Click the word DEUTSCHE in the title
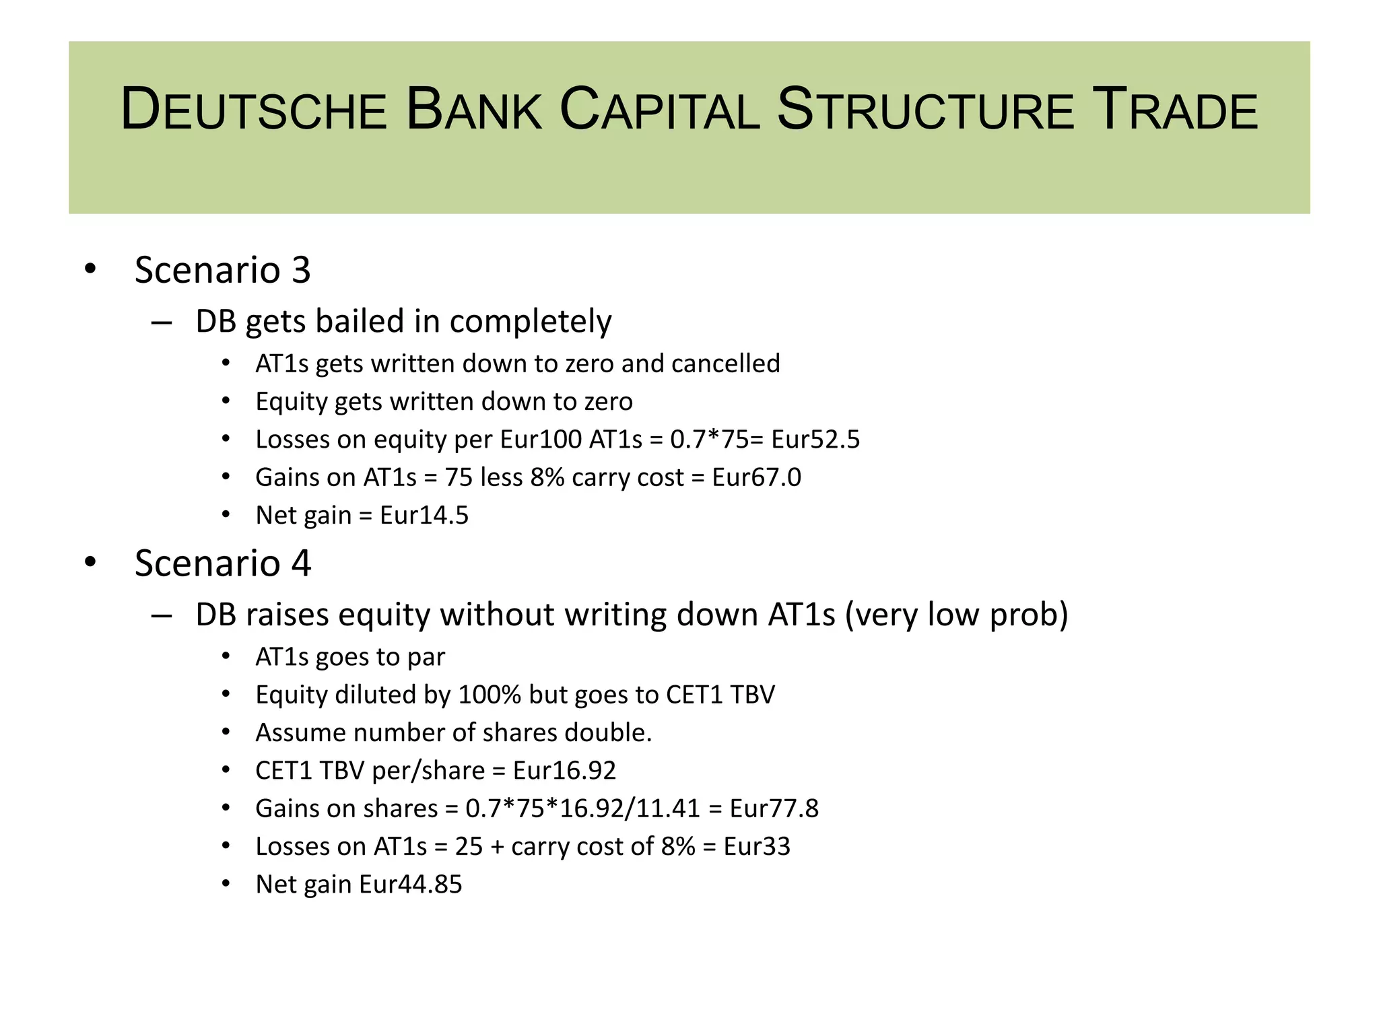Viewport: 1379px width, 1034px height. point(253,110)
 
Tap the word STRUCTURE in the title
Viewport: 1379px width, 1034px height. point(925,110)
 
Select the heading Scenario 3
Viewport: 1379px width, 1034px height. point(222,270)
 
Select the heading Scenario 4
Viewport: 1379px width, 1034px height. point(222,563)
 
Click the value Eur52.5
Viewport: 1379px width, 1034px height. point(815,440)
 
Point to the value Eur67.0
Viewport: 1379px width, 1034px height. point(757,477)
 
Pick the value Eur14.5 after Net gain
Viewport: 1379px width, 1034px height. point(424,516)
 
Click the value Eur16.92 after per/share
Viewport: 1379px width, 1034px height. point(564,771)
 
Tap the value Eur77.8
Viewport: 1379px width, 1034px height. point(774,808)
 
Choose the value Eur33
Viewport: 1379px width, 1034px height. point(757,847)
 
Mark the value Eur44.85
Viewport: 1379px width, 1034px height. point(411,885)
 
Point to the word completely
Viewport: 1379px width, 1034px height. point(531,322)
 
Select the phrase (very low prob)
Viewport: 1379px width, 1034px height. point(956,615)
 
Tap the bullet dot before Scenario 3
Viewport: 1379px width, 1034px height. point(90,269)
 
